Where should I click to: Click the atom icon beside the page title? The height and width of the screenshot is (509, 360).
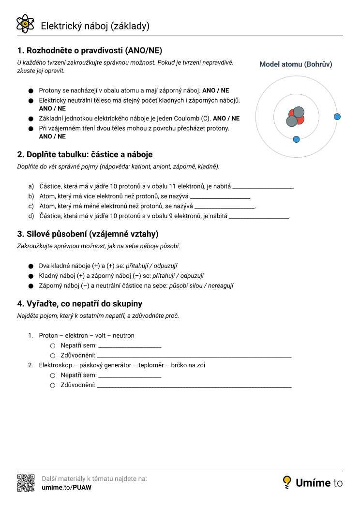[25, 23]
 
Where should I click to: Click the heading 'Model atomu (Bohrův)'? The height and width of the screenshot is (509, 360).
[296, 64]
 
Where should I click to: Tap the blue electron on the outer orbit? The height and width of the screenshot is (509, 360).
[337, 117]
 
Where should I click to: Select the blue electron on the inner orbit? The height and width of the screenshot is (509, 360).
[297, 139]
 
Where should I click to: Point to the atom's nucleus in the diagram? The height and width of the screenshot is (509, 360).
[295, 117]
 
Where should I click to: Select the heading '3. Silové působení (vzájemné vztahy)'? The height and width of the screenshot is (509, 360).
[88, 234]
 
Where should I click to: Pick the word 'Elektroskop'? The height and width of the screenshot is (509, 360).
[55, 365]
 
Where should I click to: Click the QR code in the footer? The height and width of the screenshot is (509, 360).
[26, 482]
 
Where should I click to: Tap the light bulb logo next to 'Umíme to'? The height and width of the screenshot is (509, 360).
[287, 482]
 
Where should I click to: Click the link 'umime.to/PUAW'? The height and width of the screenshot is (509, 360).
[67, 487]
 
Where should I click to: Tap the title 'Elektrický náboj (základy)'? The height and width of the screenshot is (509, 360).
[95, 26]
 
